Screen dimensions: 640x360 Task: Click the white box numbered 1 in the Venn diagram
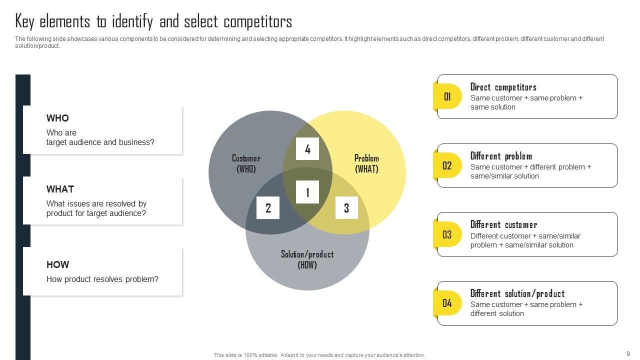[307, 192]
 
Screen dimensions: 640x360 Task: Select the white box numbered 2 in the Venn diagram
[268, 208]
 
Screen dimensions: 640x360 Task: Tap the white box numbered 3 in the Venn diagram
[346, 208]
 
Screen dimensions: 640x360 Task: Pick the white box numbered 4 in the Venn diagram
[307, 149]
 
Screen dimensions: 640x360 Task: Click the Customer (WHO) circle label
[246, 163]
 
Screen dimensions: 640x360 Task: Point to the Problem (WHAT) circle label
[366, 163]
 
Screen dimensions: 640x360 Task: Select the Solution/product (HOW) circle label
[307, 259]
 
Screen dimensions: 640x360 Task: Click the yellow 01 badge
[447, 96]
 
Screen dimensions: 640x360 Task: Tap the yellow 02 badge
[447, 165]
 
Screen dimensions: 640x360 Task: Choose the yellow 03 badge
[447, 234]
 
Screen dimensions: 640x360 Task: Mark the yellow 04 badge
[447, 303]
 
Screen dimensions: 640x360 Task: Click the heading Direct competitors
[503, 87]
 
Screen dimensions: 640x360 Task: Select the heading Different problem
[501, 156]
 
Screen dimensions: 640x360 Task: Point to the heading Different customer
[503, 224]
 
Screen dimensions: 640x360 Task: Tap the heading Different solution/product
[517, 293]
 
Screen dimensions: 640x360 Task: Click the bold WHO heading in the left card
[57, 118]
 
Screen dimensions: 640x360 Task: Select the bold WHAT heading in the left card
[60, 189]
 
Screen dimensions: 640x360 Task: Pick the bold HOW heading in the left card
[57, 265]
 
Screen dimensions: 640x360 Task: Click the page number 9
[628, 353]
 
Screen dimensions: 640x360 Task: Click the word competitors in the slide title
[257, 22]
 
